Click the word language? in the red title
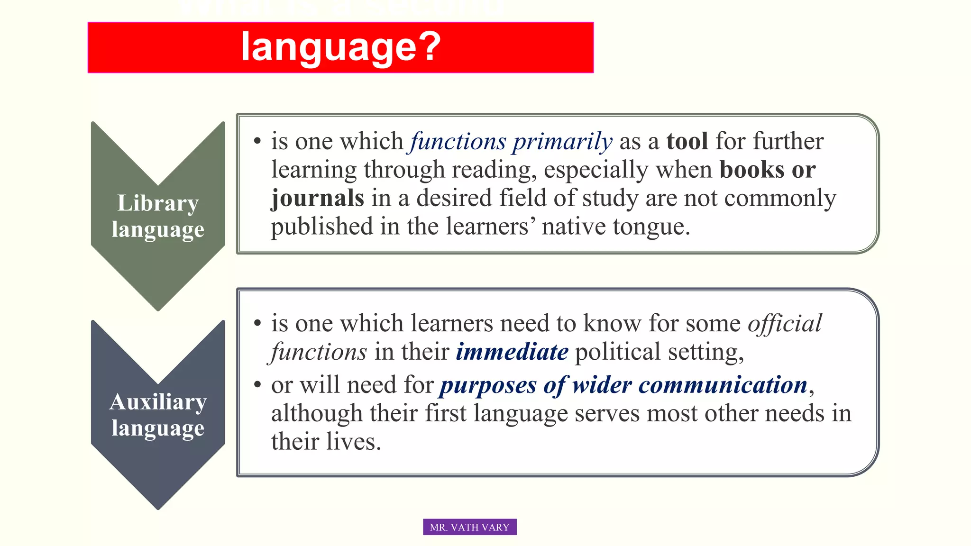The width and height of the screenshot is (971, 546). pos(340,46)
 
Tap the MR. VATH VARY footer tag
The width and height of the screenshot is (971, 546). pos(469,527)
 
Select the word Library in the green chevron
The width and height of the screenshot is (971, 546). pos(158,203)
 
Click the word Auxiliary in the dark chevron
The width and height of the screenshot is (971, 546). pos(158,402)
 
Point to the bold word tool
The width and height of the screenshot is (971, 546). pos(687,141)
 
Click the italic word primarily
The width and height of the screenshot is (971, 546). pos(562,141)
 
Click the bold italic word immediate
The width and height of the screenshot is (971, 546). pos(512,352)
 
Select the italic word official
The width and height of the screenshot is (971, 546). pos(785,323)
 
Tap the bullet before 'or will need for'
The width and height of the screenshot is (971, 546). pos(257,384)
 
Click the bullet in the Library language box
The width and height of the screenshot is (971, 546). pos(257,141)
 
